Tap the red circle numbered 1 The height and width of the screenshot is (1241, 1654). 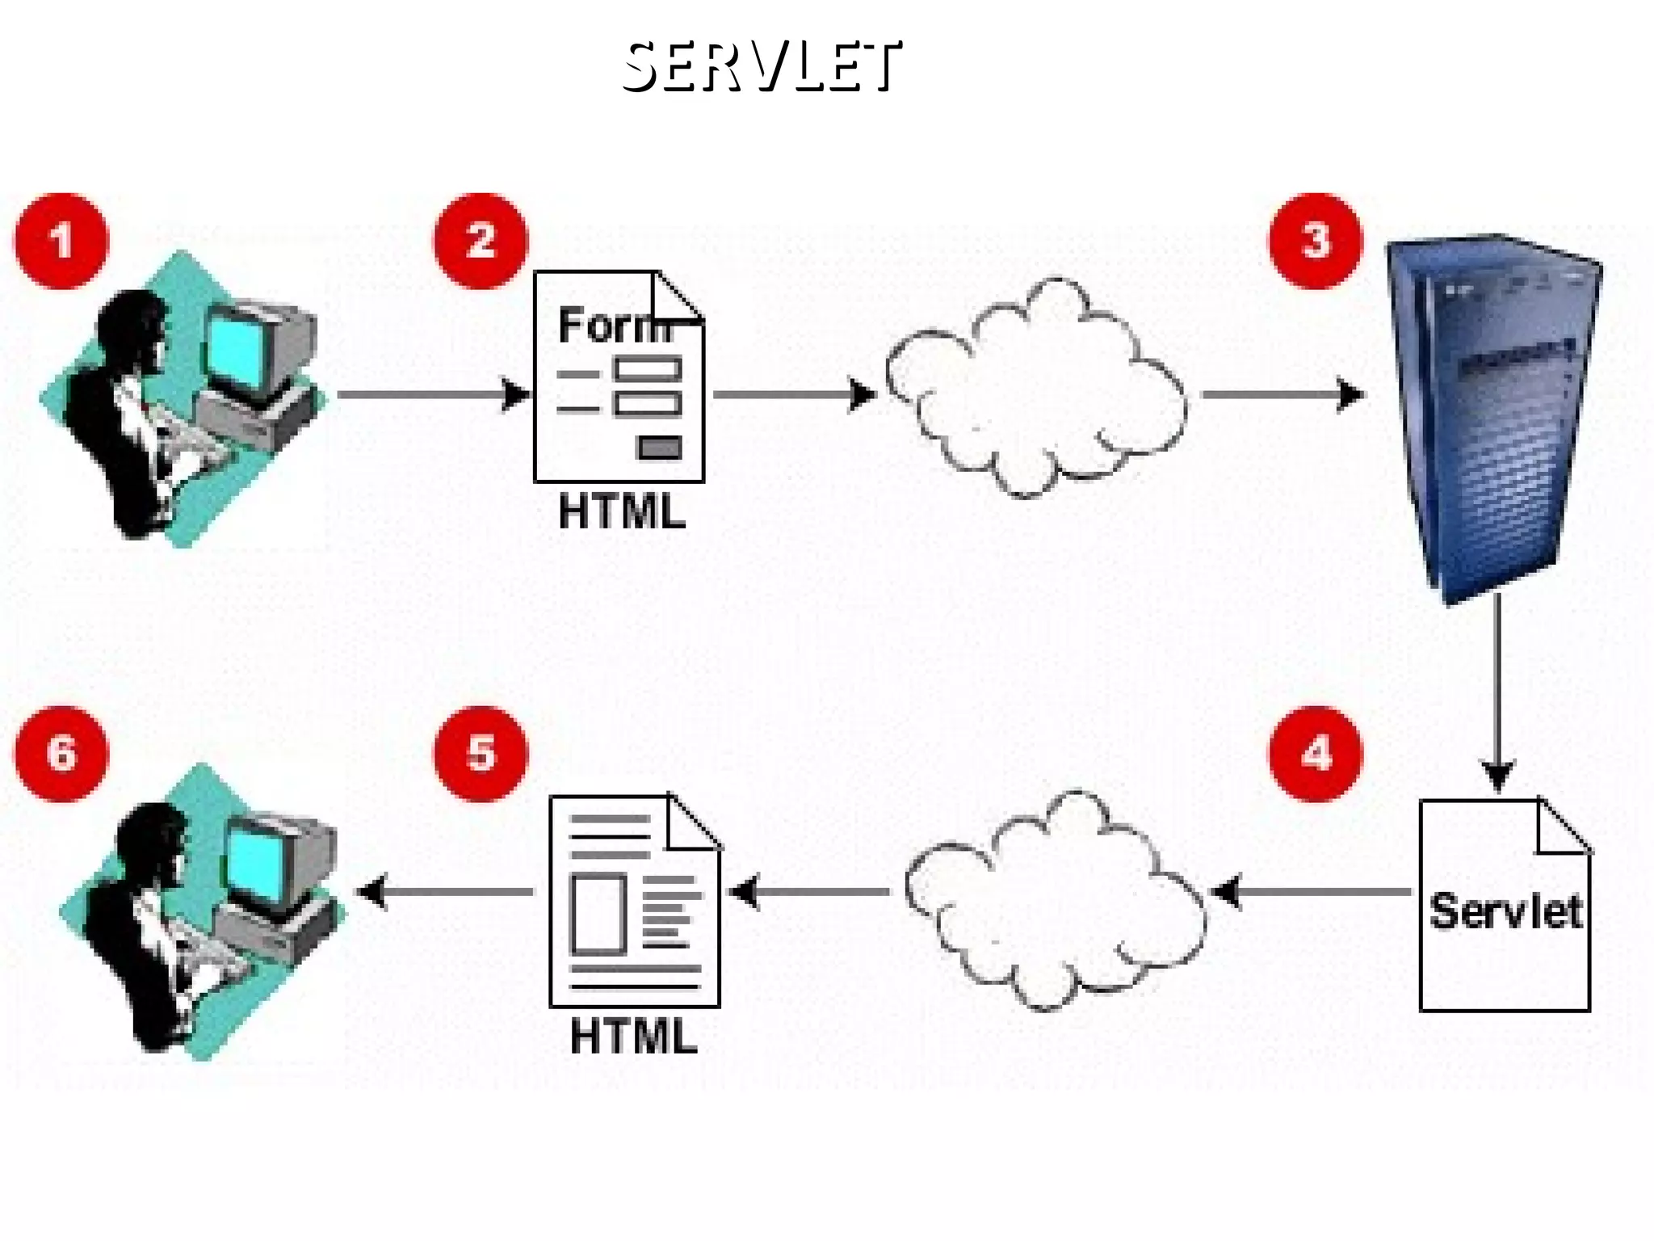click(x=61, y=241)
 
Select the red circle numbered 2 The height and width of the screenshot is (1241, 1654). click(x=481, y=241)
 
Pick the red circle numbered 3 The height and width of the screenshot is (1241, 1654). click(x=1315, y=241)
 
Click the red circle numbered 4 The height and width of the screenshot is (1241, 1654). click(x=1315, y=754)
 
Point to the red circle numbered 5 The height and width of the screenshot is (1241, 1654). click(x=481, y=754)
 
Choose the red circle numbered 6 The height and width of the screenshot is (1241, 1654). click(x=61, y=754)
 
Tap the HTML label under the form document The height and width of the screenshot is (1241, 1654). click(x=622, y=512)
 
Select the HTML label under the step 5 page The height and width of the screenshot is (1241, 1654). click(x=633, y=1037)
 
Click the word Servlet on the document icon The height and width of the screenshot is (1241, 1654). click(x=1505, y=911)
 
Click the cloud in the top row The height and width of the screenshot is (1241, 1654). click(x=1035, y=388)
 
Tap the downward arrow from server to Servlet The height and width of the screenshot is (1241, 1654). click(x=1497, y=695)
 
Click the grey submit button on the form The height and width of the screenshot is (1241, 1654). click(x=659, y=447)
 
